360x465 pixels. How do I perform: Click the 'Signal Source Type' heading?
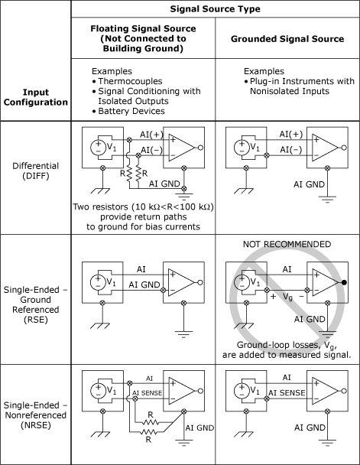(x=215, y=9)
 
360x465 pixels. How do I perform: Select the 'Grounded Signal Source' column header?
(x=287, y=39)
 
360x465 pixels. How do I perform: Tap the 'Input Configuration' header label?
(x=36, y=97)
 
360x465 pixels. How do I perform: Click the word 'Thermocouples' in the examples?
(x=130, y=81)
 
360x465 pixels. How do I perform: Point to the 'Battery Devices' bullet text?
(x=131, y=111)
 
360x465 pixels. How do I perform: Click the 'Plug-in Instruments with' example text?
(x=302, y=81)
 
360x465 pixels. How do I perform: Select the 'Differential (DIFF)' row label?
(x=36, y=171)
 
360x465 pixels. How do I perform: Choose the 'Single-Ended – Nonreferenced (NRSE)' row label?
(x=36, y=415)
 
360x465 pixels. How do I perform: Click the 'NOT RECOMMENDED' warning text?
(x=287, y=244)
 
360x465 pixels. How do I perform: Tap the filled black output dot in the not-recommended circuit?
(x=344, y=282)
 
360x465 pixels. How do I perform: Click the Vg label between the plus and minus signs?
(x=287, y=297)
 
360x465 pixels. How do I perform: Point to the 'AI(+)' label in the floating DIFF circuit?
(x=151, y=135)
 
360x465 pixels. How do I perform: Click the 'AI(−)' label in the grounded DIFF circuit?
(x=291, y=149)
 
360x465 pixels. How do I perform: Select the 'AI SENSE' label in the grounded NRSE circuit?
(x=287, y=392)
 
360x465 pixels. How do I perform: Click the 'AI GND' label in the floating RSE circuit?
(x=144, y=285)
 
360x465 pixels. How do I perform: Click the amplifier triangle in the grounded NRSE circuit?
(x=325, y=391)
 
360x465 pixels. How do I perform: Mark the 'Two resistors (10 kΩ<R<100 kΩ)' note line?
(x=144, y=206)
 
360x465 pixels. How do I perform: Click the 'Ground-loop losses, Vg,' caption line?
(x=287, y=345)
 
